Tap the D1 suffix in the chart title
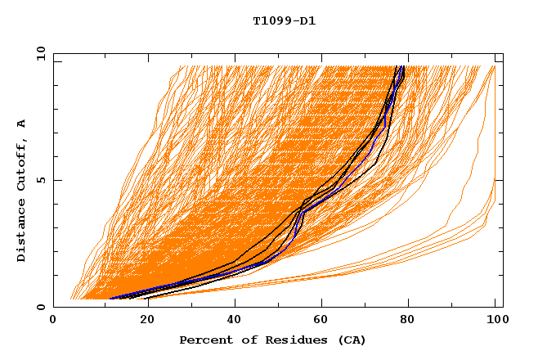pos(307,21)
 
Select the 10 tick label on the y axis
pos(38,53)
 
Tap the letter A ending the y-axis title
pos(21,124)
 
